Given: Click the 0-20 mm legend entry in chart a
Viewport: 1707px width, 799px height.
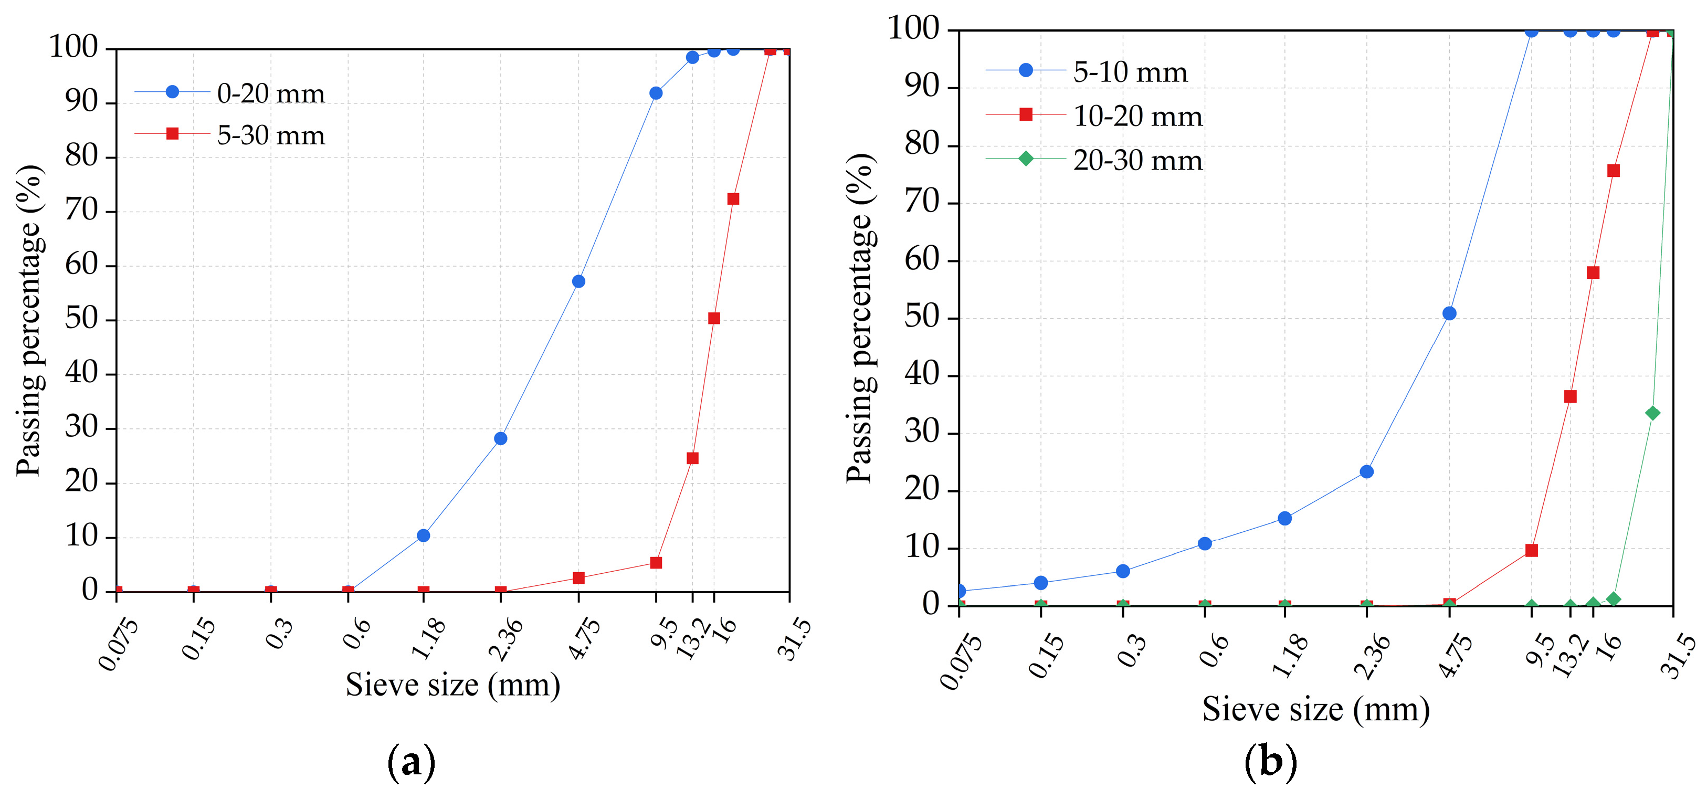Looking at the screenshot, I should [270, 93].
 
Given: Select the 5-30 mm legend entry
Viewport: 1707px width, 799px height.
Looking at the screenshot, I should [270, 135].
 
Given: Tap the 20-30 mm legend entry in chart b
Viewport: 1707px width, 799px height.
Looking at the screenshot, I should [1137, 160].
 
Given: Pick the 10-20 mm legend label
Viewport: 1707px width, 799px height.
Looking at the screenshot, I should [1137, 116].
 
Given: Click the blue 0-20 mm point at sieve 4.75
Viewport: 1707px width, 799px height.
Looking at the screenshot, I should [578, 281].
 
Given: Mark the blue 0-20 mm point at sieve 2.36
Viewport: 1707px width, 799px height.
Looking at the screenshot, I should [500, 438].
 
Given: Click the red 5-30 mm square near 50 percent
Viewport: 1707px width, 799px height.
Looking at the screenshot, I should [714, 318].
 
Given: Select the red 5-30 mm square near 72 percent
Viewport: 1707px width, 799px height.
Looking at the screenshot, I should [733, 199].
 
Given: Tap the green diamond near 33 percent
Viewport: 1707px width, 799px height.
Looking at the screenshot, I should [1652, 413].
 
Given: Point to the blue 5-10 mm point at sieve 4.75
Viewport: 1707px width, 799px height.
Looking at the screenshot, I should [1449, 313].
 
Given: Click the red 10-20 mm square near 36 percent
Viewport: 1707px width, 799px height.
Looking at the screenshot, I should [1570, 396].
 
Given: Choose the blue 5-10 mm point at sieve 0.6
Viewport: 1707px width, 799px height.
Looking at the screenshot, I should [1205, 543].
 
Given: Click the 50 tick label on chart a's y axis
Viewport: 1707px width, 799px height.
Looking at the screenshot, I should [81, 319].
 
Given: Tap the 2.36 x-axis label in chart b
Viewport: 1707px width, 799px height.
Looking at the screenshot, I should [1371, 655].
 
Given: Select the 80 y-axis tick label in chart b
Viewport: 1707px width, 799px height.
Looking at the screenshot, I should [922, 144].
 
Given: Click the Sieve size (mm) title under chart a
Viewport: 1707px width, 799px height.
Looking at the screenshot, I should [452, 685].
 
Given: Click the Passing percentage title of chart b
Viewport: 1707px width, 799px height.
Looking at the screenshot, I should [860, 318].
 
